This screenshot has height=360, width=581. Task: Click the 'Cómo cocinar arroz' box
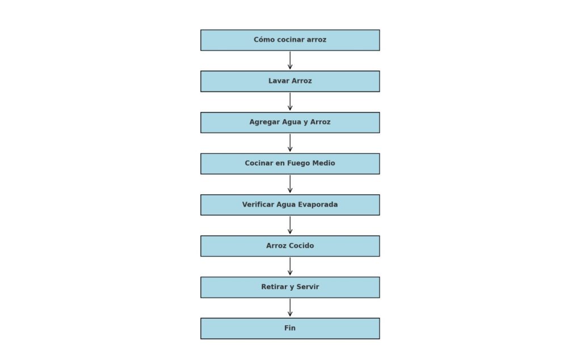click(x=290, y=40)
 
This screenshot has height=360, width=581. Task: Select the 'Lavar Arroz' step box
click(x=290, y=81)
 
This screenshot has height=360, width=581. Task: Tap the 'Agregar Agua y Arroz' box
click(x=290, y=123)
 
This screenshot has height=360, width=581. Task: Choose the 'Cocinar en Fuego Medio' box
click(x=290, y=164)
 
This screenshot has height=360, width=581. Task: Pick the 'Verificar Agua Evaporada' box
click(x=290, y=205)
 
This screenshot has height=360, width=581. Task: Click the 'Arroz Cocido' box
click(x=290, y=246)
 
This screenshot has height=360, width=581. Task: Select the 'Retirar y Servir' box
click(x=290, y=287)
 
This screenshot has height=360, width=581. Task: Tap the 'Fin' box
click(x=290, y=328)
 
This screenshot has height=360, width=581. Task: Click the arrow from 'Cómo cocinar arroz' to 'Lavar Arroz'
click(x=290, y=61)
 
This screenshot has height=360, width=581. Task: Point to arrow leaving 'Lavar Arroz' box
click(x=290, y=102)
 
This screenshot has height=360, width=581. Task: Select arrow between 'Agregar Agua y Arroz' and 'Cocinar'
click(x=290, y=143)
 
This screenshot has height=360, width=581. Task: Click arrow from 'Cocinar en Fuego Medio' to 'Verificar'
click(x=290, y=184)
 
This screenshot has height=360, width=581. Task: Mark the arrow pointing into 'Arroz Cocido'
click(x=290, y=225)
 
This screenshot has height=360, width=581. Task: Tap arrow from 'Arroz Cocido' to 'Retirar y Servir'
click(x=290, y=266)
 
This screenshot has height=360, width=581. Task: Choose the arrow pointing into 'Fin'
click(x=290, y=308)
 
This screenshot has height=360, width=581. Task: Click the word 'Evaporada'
click(x=318, y=205)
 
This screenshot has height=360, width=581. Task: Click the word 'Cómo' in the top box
click(x=264, y=40)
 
